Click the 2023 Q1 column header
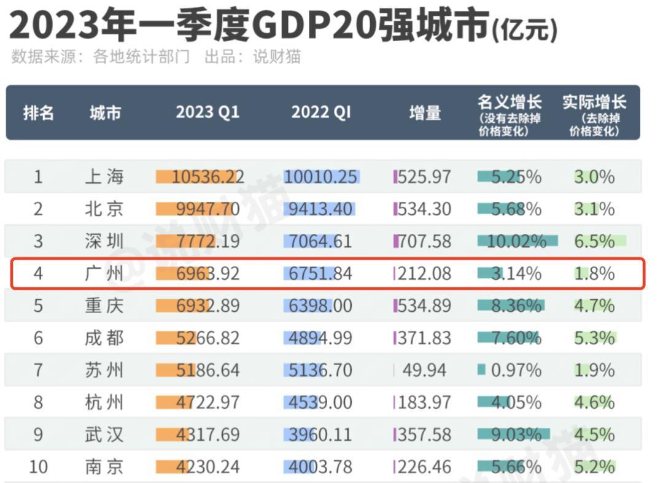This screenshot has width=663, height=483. coord(207,112)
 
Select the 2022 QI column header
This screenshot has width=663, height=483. coord(321,112)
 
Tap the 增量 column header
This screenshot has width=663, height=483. coord(425,112)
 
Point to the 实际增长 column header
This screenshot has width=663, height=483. coord(594,103)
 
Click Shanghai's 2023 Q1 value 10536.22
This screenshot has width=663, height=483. coord(207,177)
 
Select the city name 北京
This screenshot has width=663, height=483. coord(104,209)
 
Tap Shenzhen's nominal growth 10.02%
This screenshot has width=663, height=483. coord(516,241)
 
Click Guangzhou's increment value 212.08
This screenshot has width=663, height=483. coord(424,274)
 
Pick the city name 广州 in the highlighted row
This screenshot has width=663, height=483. coord(104,274)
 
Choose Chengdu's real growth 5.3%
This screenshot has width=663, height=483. coord(594,338)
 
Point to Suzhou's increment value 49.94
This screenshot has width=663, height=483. coord(424,370)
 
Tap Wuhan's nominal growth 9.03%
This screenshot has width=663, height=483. coord(516,435)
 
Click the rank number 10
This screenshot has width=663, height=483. coord(38,467)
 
